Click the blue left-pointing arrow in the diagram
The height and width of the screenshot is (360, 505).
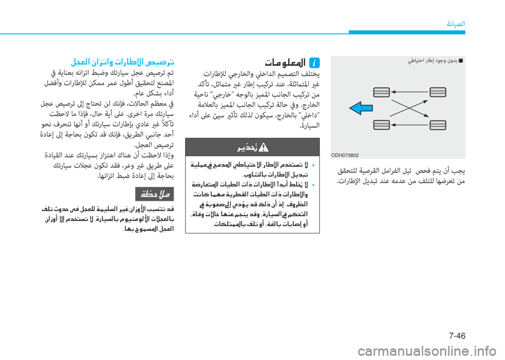click(361, 108)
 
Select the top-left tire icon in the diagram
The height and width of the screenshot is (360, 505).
click(381, 92)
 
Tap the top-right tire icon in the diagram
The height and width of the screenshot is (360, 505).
click(438, 92)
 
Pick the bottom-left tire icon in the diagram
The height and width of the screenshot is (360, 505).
click(381, 125)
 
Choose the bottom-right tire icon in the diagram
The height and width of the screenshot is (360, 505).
click(438, 125)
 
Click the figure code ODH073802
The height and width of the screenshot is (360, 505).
click(345, 155)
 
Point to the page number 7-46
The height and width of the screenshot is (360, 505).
click(457, 336)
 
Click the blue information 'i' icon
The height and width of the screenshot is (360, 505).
click(315, 63)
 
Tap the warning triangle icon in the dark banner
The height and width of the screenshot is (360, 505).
click(264, 147)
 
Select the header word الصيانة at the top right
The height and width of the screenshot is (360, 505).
click(456, 24)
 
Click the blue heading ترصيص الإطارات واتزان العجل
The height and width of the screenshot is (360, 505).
click(123, 61)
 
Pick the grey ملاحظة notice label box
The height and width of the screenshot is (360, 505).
click(155, 194)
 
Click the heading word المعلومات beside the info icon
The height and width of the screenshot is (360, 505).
click(285, 63)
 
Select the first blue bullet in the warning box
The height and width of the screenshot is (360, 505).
click(314, 166)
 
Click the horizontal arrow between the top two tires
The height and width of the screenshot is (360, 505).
click(410, 92)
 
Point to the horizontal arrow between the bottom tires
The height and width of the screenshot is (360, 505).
click(410, 125)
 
